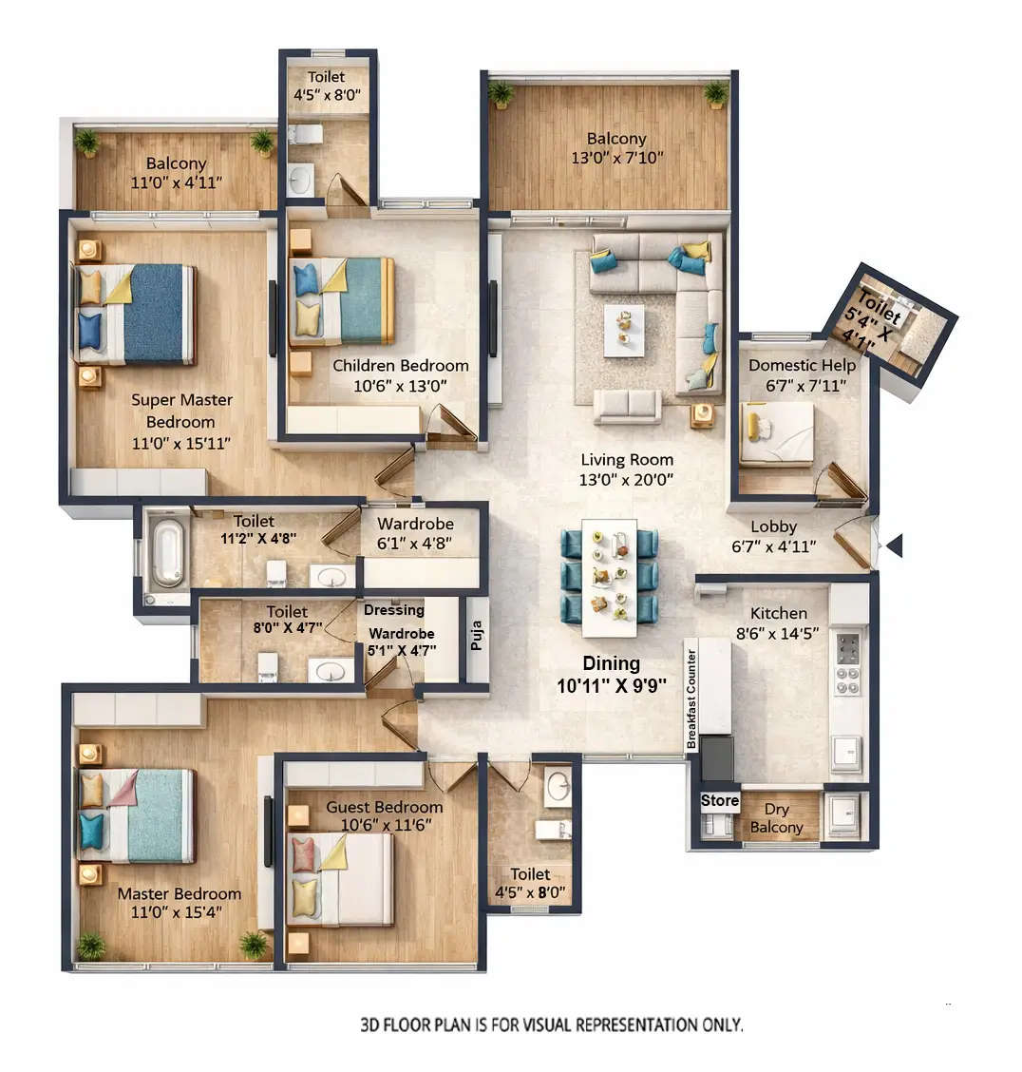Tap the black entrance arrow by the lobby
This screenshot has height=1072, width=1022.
coord(893,546)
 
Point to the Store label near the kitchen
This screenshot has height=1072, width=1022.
coord(719,800)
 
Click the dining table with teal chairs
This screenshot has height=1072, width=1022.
coord(609,577)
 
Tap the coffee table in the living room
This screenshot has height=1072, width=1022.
coord(624,329)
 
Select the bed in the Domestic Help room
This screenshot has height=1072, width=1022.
coord(777,433)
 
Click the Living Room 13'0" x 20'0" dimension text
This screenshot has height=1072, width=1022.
coord(627,480)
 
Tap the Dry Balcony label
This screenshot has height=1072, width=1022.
coord(776,818)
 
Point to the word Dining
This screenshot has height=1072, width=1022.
coord(611,663)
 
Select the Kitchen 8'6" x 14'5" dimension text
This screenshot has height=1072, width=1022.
coord(779,634)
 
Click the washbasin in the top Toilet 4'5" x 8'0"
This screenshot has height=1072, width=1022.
coord(301,179)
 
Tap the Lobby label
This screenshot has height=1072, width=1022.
coord(773,526)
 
